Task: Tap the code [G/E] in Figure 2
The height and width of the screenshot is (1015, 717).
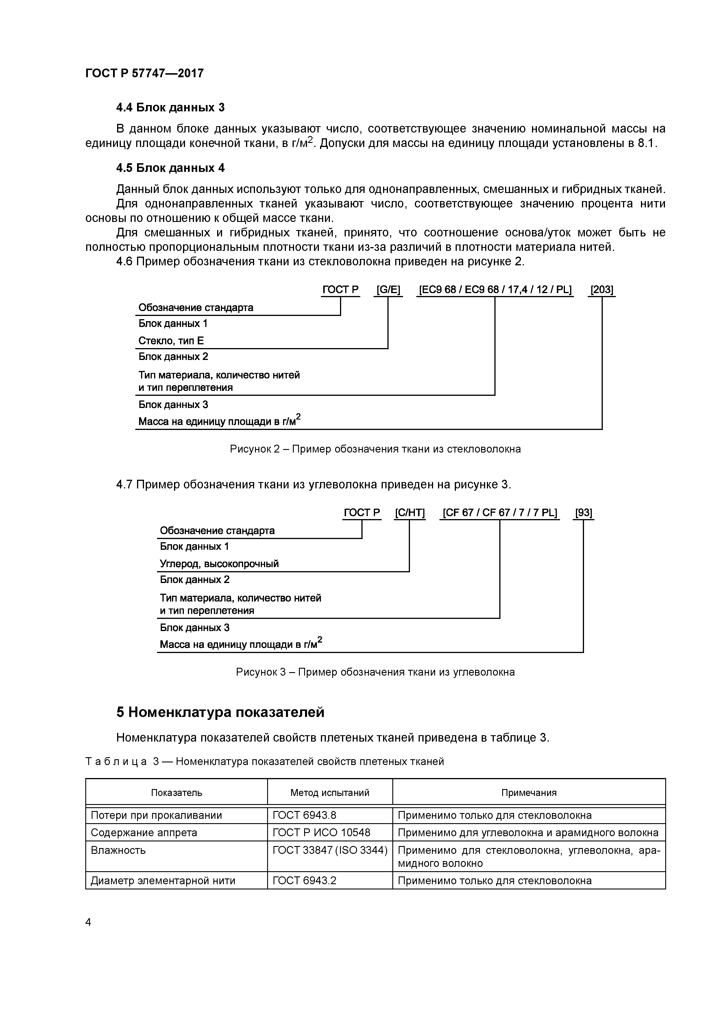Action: (388, 290)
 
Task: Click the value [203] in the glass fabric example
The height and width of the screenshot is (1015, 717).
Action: (601, 290)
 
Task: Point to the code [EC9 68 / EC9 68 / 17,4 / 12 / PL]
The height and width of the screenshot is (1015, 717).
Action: (495, 290)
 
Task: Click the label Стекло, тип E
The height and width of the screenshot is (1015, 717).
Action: (171, 341)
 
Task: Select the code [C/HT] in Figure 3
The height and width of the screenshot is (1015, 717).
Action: (409, 513)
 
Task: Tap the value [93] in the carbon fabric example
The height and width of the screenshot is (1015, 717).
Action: (583, 513)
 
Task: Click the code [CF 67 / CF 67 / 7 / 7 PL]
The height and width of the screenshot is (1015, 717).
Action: (500, 513)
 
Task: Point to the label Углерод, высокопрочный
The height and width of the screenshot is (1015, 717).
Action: (219, 564)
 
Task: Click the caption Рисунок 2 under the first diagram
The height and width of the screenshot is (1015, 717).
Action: (375, 449)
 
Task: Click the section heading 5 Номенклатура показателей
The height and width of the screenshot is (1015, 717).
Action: (220, 712)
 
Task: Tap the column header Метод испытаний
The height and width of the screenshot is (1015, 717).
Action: (330, 792)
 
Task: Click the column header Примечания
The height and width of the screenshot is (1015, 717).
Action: (529, 792)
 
